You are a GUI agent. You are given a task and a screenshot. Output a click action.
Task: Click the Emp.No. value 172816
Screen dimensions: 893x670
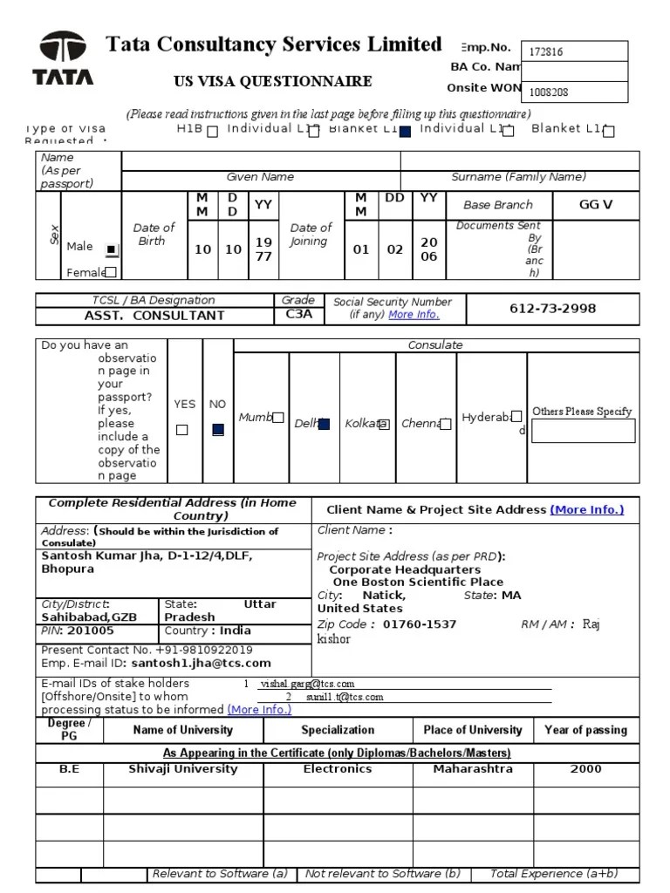click(x=546, y=51)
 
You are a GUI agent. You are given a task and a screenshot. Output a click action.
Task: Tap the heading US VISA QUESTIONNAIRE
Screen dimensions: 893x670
click(x=274, y=81)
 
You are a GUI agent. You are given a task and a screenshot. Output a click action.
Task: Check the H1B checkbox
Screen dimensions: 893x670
click(x=212, y=132)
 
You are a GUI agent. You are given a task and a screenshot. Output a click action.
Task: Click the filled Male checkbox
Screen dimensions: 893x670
click(x=111, y=249)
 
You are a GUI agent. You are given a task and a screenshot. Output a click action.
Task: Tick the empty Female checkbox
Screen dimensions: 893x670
click(x=111, y=272)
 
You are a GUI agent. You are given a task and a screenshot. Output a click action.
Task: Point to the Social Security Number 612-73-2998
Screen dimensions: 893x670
click(x=553, y=309)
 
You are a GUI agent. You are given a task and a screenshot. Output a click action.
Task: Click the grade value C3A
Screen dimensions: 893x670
click(x=298, y=315)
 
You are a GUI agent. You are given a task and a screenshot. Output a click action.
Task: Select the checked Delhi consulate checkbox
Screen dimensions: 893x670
click(x=324, y=424)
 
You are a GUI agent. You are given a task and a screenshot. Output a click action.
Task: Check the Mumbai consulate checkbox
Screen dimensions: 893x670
click(x=277, y=419)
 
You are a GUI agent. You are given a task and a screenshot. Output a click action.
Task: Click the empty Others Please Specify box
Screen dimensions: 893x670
click(x=583, y=431)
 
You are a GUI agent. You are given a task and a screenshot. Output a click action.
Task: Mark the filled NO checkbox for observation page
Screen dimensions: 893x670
click(x=218, y=429)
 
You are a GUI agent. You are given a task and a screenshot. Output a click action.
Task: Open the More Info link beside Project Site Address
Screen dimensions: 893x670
click(x=587, y=510)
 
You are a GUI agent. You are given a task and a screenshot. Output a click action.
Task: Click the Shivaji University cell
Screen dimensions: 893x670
click(x=183, y=769)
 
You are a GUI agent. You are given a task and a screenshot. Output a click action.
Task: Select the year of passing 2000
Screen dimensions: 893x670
click(x=585, y=769)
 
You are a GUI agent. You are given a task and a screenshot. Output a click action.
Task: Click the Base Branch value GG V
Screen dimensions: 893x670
click(x=596, y=205)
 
